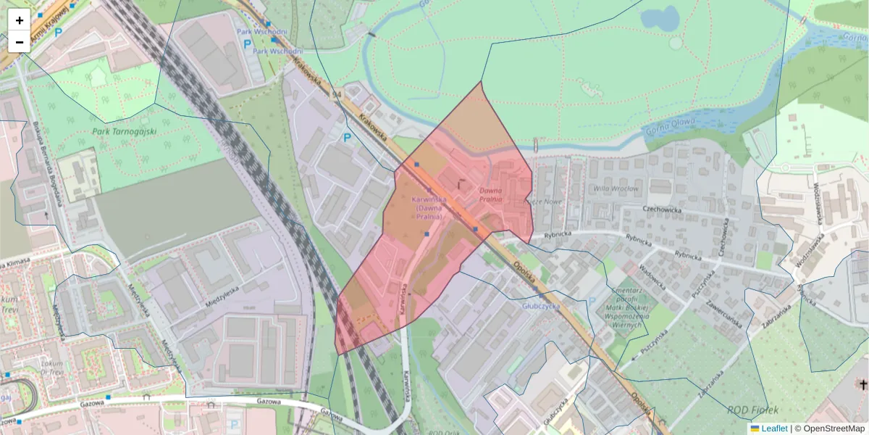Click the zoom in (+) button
19,20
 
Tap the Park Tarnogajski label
125,131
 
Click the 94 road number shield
336,94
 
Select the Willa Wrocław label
616,189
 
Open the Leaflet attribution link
774,428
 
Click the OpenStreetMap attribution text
834,428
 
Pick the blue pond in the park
660,17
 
